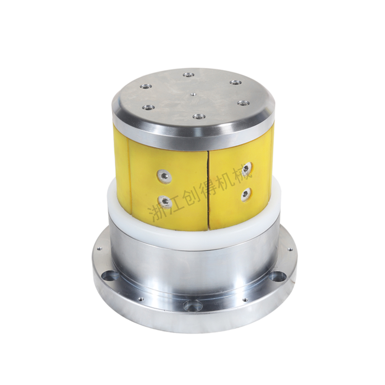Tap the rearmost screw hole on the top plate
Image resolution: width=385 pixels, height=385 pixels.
point(188,74)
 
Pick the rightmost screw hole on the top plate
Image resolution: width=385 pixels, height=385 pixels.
point(243,103)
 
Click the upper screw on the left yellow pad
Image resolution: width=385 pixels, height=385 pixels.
point(164,175)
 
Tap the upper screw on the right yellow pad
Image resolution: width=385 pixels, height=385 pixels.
point(246,169)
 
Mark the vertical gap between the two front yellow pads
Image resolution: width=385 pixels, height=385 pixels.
point(208,190)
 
